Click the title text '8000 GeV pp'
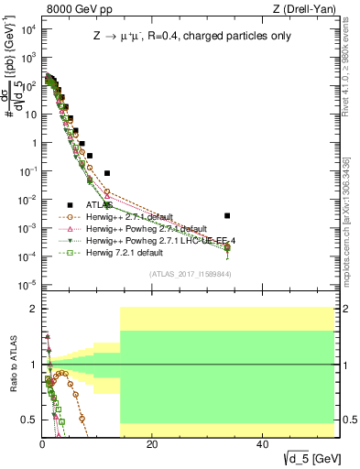(x=74, y=9)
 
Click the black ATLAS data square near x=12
(x=107, y=172)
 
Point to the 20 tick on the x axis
(x=153, y=443)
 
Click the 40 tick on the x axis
(x=263, y=443)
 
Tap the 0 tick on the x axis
(x=43, y=443)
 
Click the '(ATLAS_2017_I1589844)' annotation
(x=191, y=273)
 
